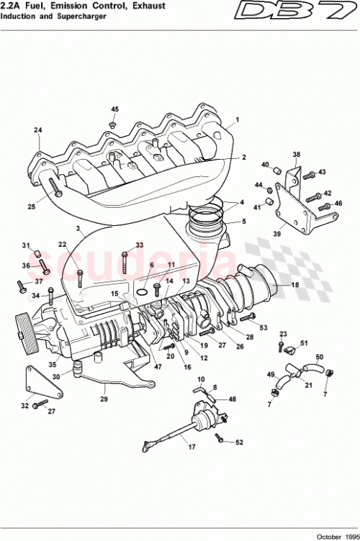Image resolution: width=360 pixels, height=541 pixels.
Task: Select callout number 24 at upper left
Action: [37, 130]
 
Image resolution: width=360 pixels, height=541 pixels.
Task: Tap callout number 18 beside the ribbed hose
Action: [294, 286]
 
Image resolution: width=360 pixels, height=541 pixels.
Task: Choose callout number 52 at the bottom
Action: [240, 442]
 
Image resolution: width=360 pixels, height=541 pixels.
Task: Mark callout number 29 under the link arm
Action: [102, 399]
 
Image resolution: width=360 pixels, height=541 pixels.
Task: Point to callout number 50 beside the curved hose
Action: [320, 356]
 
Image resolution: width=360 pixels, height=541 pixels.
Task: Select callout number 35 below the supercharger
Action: [51, 365]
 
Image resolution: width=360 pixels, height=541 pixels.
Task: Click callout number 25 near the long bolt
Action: [31, 207]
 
